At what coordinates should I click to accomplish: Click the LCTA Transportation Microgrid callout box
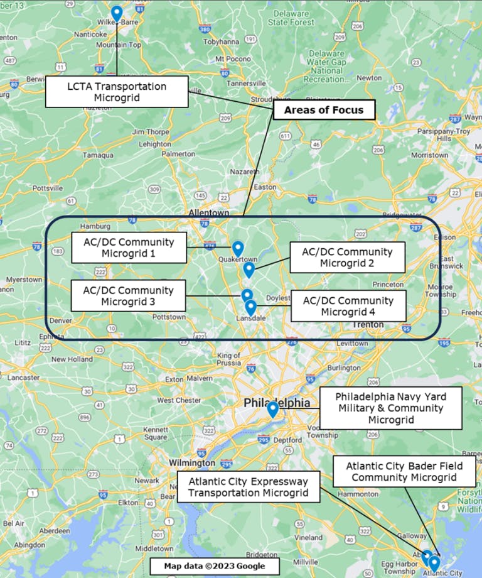[x=117, y=92]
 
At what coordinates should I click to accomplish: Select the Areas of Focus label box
[x=323, y=110]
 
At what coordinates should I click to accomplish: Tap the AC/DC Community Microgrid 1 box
[x=129, y=248]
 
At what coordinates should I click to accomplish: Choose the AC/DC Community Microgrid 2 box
[x=347, y=258]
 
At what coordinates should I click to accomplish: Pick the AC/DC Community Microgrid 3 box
[x=128, y=296]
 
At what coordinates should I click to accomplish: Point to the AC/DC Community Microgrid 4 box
[x=348, y=306]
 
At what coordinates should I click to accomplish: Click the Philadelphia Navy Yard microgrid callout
[x=390, y=408]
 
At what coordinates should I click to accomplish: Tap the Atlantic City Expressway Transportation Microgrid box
[x=249, y=487]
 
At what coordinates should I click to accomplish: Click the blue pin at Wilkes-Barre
[x=117, y=13]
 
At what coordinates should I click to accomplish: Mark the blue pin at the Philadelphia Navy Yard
[x=272, y=409]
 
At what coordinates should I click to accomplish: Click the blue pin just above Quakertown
[x=237, y=249]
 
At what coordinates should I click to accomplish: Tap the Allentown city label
[x=209, y=214]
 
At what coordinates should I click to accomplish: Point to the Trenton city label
[x=363, y=325]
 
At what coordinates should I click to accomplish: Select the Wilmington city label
[x=192, y=463]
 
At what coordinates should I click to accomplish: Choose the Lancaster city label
[x=23, y=378]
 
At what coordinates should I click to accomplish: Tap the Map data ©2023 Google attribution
[x=214, y=566]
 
